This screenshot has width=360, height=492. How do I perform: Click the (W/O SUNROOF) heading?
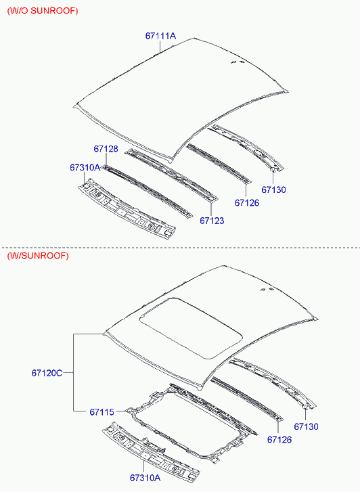pos(43,11)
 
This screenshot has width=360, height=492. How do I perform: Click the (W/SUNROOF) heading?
pos(38,255)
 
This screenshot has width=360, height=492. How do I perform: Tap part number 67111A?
pos(160,36)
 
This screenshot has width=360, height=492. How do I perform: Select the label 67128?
pos(106,149)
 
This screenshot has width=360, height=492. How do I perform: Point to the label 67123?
pos(212,221)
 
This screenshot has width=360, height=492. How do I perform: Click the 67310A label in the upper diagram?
pos(85,168)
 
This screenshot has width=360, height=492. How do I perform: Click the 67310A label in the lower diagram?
pos(145,478)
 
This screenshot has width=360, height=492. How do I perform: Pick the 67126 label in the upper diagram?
pos(247,203)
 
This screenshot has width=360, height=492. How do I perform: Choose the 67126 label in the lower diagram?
pos(279,440)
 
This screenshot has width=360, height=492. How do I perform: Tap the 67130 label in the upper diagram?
pos(273,189)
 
